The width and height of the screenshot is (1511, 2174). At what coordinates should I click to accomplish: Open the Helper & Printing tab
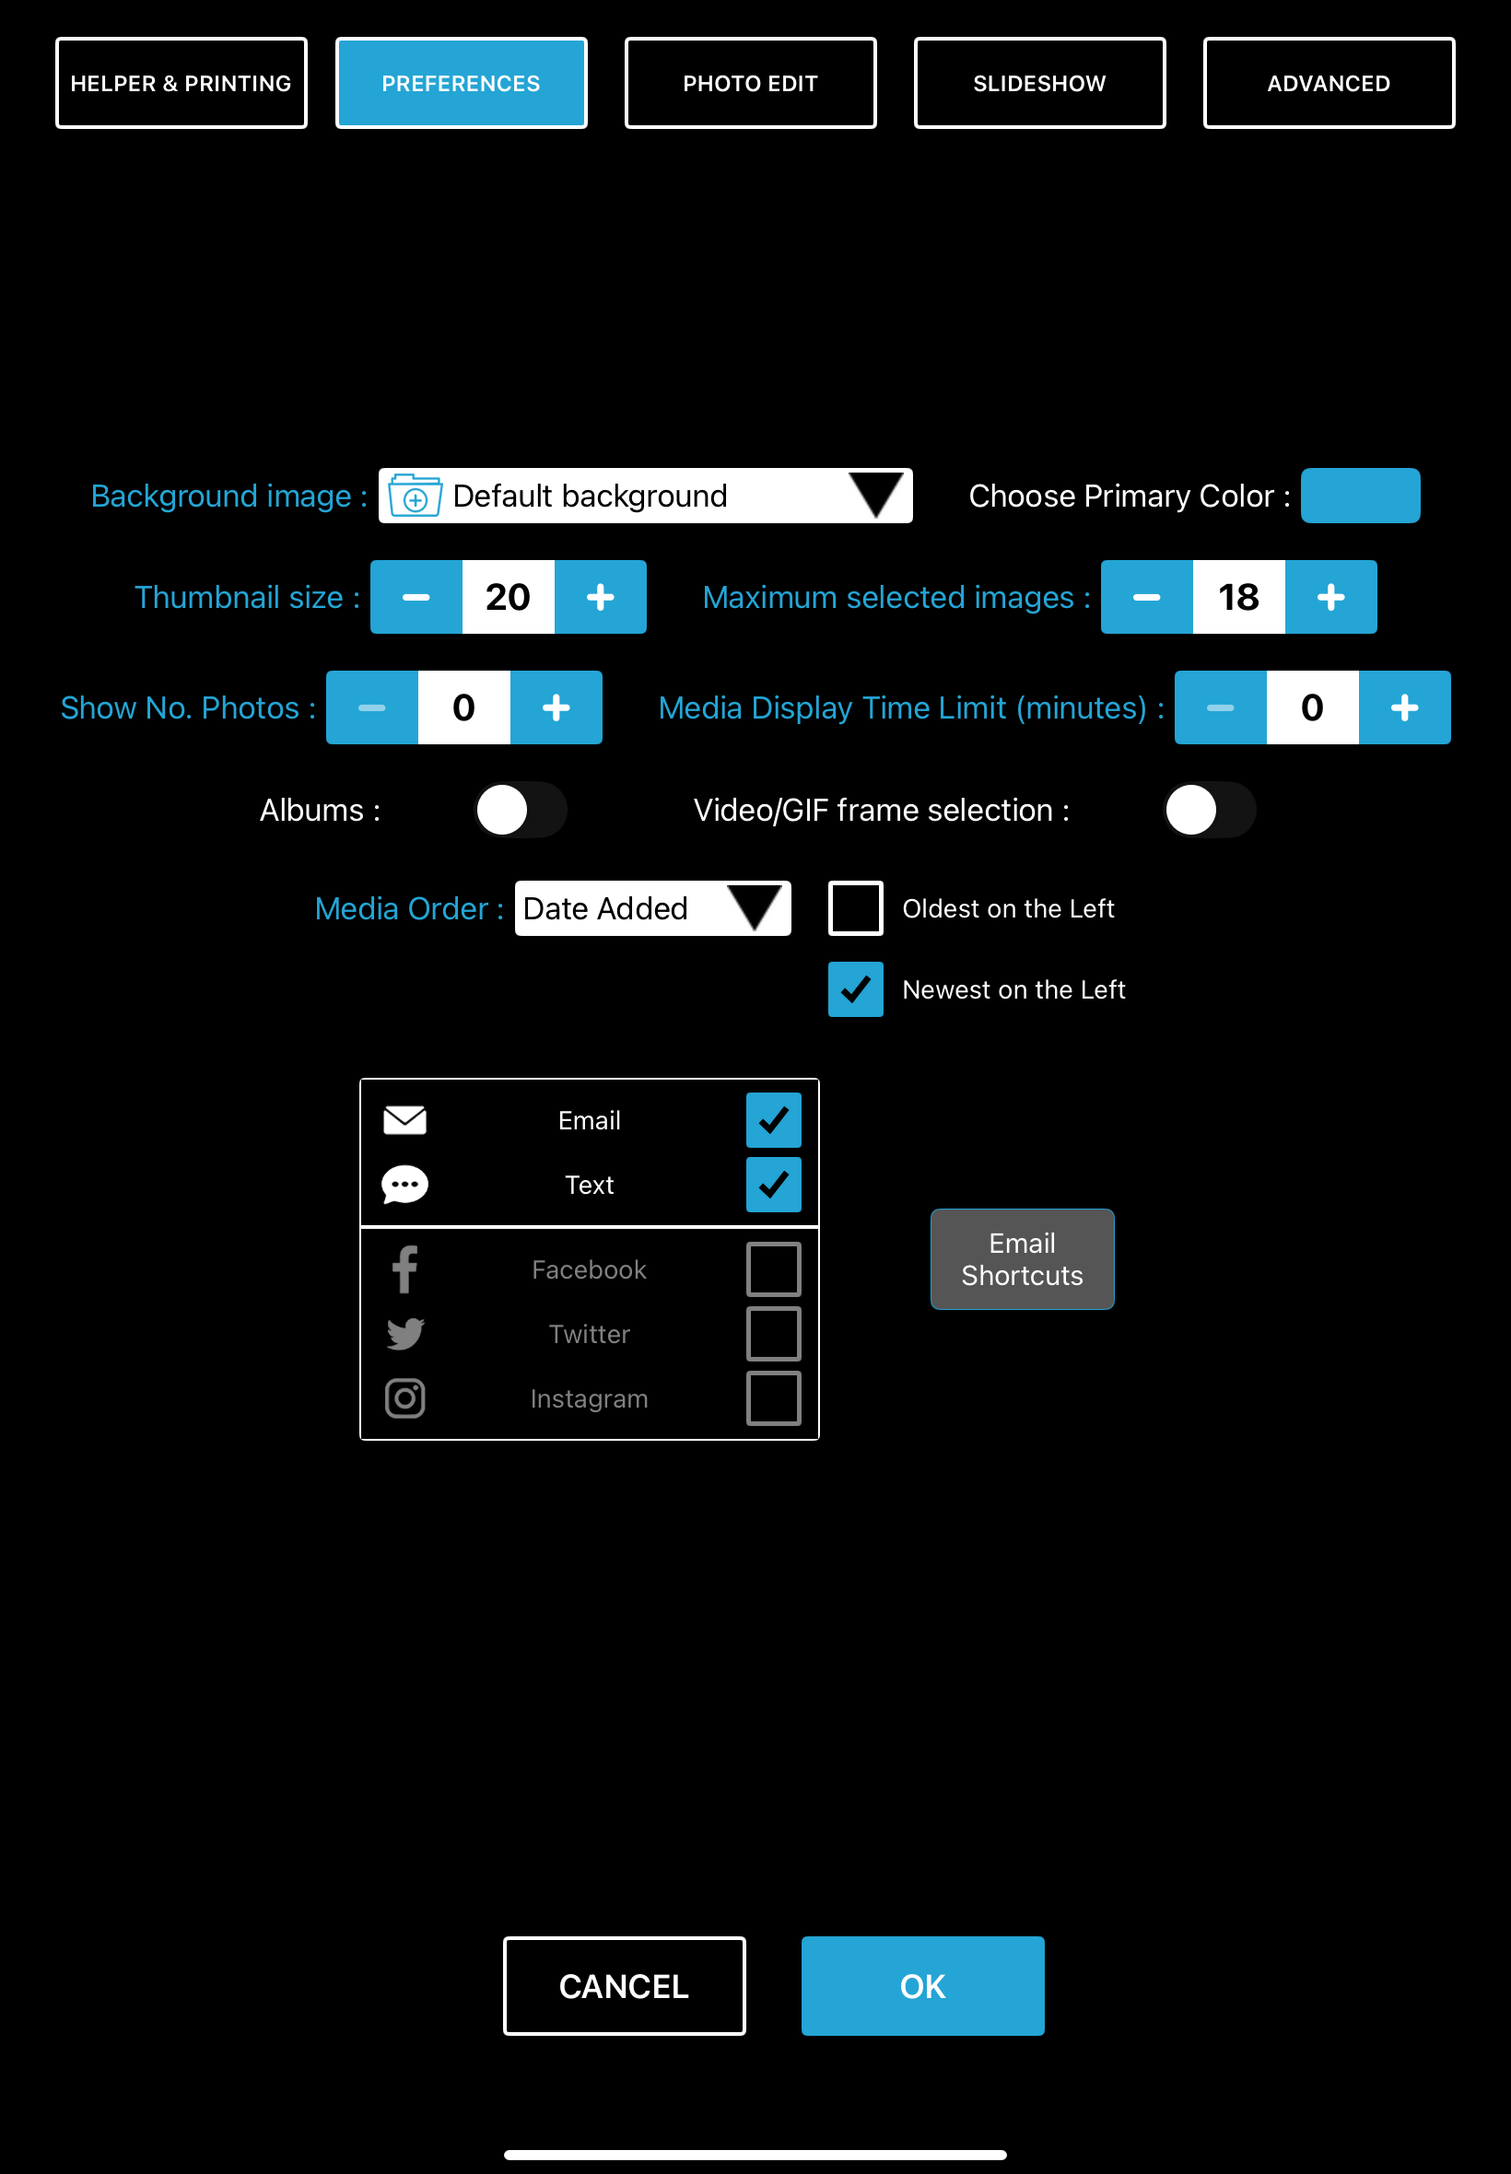181,83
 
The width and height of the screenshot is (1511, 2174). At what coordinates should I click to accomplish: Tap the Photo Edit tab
750,83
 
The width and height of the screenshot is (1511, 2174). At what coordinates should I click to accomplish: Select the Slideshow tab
1038,83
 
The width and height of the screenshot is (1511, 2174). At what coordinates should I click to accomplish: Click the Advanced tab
1328,83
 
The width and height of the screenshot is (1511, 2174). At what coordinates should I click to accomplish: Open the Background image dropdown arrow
876,495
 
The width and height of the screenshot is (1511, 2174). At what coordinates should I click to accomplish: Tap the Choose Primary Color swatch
1359,495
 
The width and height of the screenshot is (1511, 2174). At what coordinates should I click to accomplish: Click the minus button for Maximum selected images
1145,597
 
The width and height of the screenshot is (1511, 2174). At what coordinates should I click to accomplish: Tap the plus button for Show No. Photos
556,708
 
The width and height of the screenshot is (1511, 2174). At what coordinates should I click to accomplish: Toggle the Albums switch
520,810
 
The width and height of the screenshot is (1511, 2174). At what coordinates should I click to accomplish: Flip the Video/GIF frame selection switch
1208,810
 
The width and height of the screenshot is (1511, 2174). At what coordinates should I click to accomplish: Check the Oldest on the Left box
855,908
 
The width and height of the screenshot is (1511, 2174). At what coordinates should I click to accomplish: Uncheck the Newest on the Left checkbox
855,989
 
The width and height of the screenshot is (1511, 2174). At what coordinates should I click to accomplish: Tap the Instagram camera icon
405,1398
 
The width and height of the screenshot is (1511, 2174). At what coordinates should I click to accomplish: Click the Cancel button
624,1986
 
